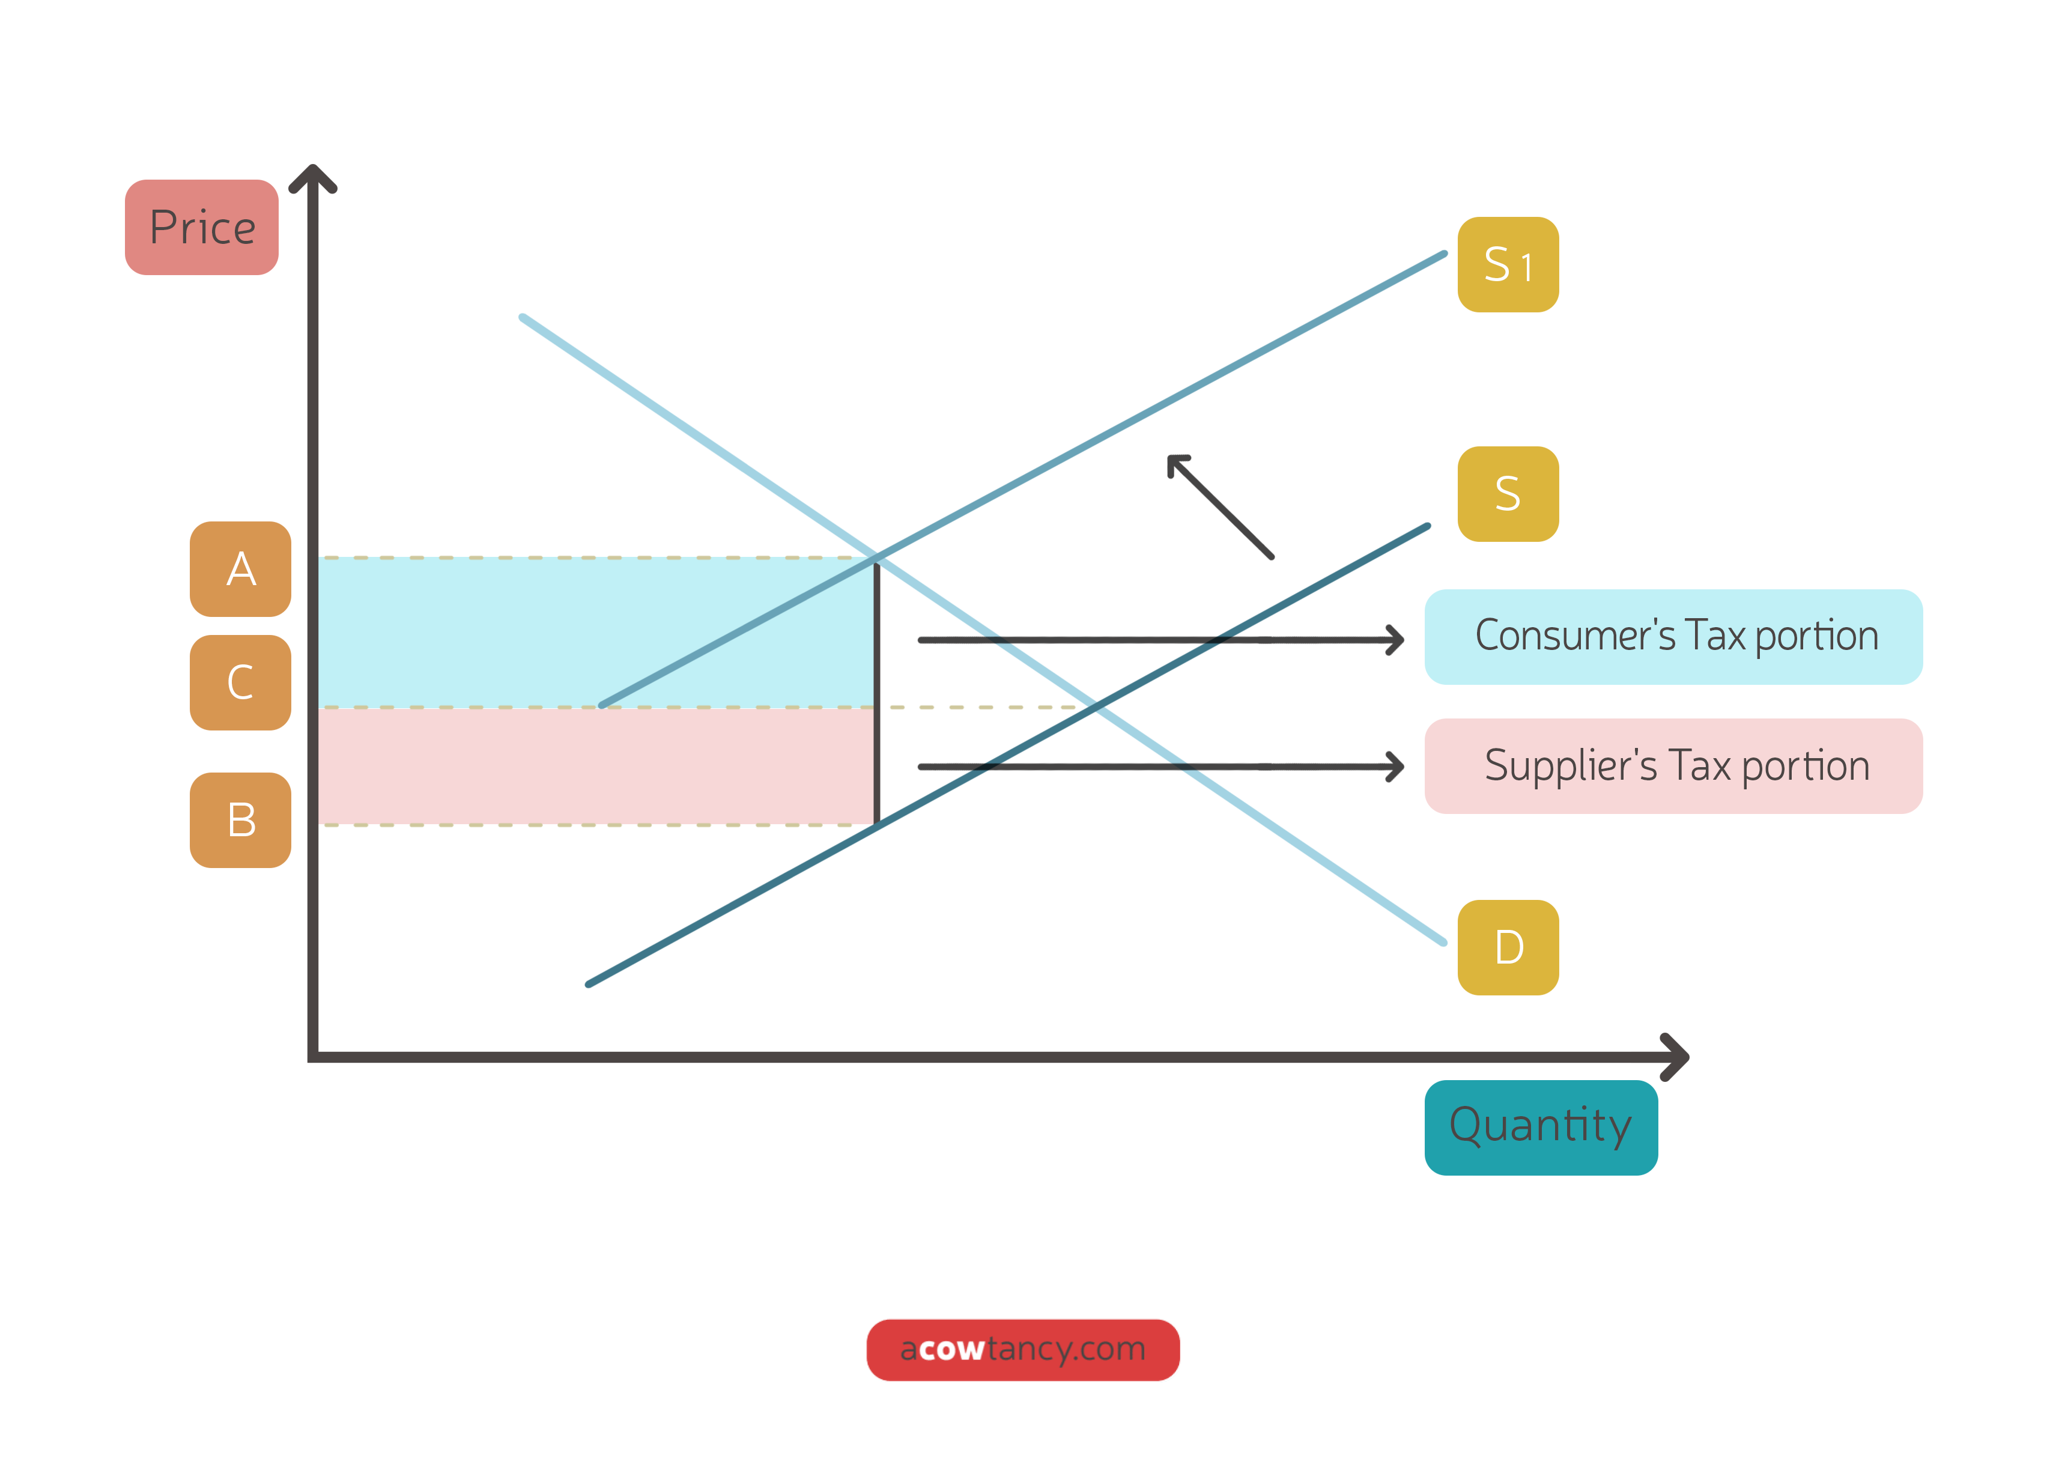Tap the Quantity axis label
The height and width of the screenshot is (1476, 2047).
(x=1540, y=1126)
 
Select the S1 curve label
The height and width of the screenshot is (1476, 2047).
(x=1507, y=264)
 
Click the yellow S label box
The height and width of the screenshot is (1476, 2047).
(x=1507, y=494)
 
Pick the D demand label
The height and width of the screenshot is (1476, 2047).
(x=1507, y=947)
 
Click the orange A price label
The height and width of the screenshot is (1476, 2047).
(x=240, y=569)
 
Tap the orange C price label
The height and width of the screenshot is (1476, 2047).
(x=240, y=682)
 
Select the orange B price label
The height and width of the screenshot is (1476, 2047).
(x=240, y=819)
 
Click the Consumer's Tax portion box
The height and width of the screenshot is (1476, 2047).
(x=1672, y=636)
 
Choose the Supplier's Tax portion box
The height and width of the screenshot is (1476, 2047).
(x=1672, y=765)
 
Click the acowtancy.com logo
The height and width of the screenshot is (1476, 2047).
(x=1022, y=1349)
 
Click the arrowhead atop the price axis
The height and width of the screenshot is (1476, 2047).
(x=312, y=174)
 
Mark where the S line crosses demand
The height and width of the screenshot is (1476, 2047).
(x=1095, y=708)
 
